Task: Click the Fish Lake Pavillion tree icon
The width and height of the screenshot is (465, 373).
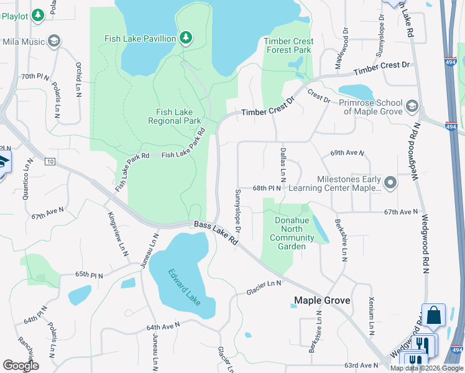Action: [x=185, y=39]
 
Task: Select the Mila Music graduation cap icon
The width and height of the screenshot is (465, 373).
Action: [x=54, y=42]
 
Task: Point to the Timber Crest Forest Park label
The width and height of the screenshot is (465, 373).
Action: [x=288, y=45]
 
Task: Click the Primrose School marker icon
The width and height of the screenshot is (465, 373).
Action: [x=412, y=106]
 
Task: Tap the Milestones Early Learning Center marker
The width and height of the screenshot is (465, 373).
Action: [x=390, y=183]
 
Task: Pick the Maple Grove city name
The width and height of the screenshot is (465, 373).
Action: [x=322, y=300]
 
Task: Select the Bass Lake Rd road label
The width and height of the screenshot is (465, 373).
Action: [x=216, y=231]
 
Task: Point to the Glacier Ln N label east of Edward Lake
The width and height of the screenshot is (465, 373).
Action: [x=264, y=284]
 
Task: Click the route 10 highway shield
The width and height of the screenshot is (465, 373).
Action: [x=50, y=162]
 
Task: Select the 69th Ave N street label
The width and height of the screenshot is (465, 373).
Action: [x=347, y=152]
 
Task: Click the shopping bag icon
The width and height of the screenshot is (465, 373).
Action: [x=433, y=315]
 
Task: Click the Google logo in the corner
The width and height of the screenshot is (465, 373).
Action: [x=21, y=366]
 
